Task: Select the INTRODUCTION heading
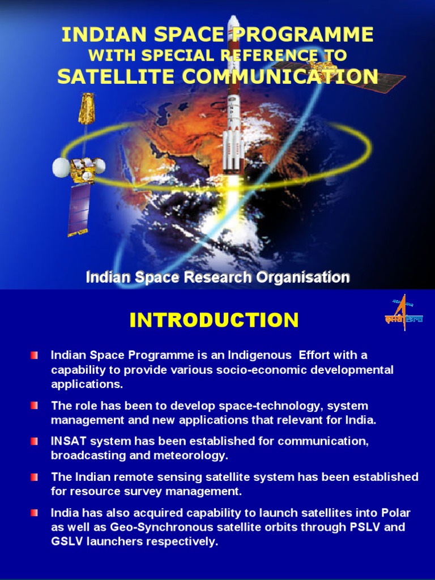point(214,321)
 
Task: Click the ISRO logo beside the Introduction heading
point(396,312)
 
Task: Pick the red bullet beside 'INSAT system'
point(35,441)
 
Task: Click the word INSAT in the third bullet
point(67,441)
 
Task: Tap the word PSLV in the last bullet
point(378,527)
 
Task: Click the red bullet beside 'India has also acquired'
point(35,513)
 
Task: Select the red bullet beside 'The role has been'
point(35,406)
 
